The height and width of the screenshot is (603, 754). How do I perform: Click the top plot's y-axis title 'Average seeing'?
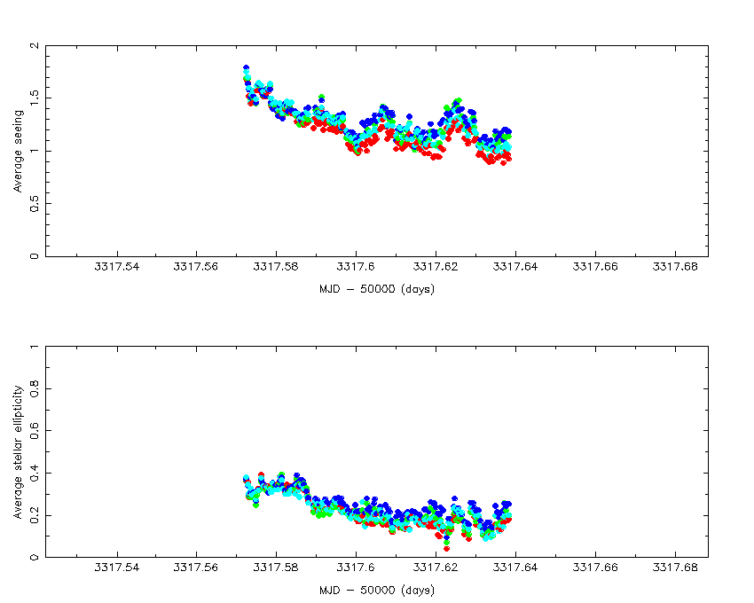coord(18,151)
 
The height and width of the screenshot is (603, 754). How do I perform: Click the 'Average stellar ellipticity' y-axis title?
coord(18,451)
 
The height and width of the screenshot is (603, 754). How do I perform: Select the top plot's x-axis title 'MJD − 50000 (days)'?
coord(377,289)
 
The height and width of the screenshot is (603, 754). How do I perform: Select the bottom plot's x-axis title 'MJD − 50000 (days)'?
coord(377,590)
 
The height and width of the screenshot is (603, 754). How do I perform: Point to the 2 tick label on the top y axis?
coord(34,46)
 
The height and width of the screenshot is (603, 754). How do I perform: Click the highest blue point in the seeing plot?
coord(246,67)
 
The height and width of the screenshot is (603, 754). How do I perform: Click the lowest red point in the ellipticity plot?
coord(446,549)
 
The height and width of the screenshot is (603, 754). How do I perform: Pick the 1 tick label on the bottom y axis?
coord(34,347)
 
